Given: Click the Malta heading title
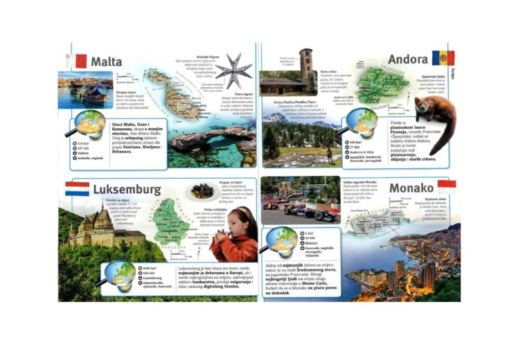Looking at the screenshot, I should [105, 62].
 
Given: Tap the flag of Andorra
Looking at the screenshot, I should [443, 58].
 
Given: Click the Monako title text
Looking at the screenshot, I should [411, 188].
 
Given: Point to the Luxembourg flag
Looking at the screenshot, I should [77, 188].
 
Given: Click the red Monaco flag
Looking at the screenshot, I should [447, 184].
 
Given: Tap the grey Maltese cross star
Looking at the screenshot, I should [235, 71].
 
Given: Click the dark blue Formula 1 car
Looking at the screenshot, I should [316, 212].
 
